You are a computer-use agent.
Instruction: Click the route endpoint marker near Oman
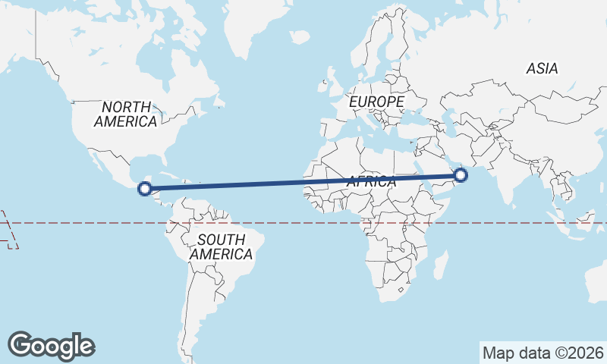460,176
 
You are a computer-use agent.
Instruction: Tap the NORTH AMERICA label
126,115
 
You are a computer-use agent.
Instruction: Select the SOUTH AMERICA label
221,247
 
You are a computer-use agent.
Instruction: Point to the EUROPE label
376,101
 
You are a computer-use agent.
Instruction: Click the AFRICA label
371,182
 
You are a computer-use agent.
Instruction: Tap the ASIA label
542,69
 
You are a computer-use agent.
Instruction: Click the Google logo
52,346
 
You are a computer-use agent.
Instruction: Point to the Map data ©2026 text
543,353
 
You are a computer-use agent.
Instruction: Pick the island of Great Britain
335,82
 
